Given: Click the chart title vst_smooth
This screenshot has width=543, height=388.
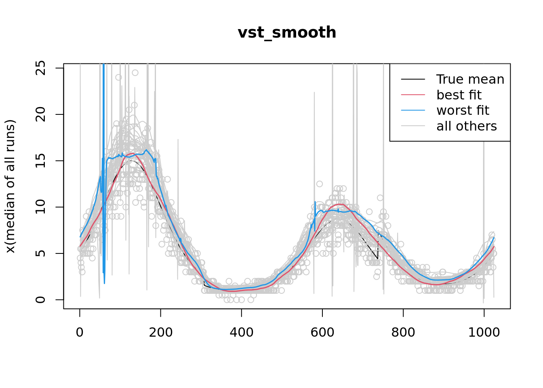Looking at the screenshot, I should click(287, 33).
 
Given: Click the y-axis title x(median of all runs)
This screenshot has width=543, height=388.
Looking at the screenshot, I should click(11, 186).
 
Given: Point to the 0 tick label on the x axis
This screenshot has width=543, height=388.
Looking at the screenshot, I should click(80, 333).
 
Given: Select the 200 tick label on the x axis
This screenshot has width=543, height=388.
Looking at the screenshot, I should click(161, 333).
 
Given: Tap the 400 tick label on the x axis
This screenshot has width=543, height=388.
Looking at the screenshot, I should click(242, 333).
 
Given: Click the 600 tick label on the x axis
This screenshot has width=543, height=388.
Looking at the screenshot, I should click(322, 333).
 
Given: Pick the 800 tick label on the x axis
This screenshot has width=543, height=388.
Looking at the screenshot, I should click(403, 333).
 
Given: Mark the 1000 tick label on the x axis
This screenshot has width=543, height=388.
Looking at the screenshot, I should click(484, 333).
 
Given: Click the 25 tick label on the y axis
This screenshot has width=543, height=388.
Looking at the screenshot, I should click(40, 68).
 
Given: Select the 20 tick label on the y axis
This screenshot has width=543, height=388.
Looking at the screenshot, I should click(40, 114).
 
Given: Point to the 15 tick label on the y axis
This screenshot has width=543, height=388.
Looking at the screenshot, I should click(40, 161).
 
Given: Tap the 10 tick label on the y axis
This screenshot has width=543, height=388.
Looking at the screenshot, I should click(40, 207).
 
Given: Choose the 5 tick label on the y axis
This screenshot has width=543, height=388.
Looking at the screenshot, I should click(40, 253).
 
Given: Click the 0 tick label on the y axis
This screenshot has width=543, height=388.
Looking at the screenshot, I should click(40, 299).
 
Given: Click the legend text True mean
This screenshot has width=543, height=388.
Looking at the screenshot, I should click(470, 80).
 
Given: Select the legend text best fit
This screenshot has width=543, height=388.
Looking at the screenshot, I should click(459, 95).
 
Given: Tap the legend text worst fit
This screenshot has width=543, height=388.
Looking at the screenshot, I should click(463, 110).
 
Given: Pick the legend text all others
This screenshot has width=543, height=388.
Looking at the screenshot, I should click(467, 126).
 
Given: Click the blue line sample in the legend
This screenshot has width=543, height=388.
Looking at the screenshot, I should click(413, 110).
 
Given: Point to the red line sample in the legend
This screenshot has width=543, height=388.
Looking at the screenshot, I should click(413, 95).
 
